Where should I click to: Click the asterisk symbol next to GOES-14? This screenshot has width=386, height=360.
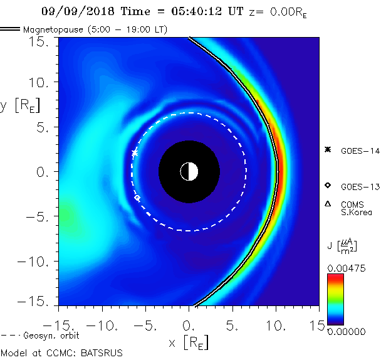[x=327, y=149]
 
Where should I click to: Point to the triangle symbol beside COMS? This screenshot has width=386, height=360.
[x=327, y=204]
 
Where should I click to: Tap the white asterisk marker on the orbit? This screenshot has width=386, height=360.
[x=135, y=153]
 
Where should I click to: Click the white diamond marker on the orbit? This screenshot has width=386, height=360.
[x=137, y=198]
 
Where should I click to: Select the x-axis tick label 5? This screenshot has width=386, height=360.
[x=232, y=326]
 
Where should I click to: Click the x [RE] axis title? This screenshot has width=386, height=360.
[x=188, y=342]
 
